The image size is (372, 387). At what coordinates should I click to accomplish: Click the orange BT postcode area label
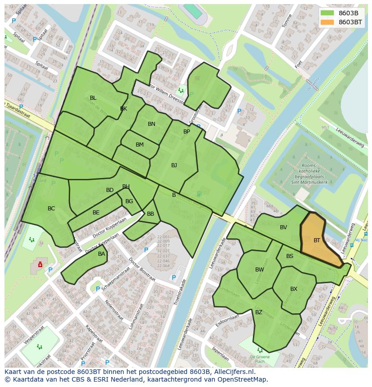(x=317, y=240)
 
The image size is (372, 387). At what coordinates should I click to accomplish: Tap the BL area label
(x=93, y=98)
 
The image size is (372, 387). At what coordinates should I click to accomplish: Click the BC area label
(x=51, y=209)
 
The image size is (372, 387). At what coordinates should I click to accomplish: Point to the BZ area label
(x=259, y=312)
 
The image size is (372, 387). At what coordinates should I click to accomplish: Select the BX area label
(x=294, y=289)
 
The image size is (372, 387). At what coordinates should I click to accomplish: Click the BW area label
(x=259, y=270)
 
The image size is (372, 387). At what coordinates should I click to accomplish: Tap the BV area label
(x=283, y=227)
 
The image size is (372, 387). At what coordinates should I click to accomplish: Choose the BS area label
(x=290, y=256)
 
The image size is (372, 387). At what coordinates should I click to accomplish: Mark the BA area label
(x=102, y=254)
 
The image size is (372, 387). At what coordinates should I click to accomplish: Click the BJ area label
(x=174, y=165)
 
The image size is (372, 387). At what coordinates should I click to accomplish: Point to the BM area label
(x=140, y=145)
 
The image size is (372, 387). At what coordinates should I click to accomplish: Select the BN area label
(x=151, y=124)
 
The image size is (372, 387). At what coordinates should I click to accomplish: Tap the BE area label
(x=96, y=213)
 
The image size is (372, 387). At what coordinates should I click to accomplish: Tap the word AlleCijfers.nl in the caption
(x=233, y=372)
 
